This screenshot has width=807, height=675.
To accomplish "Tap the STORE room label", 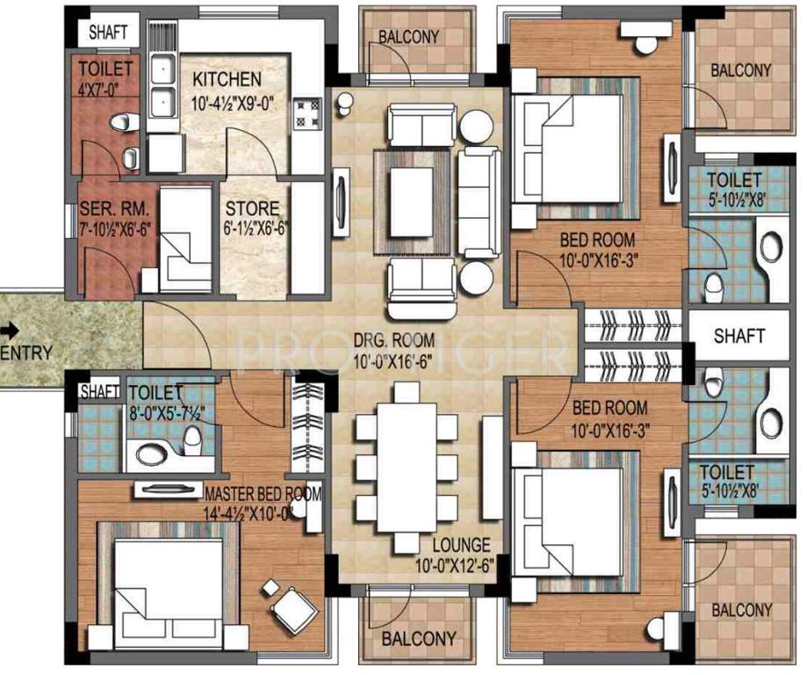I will point(253,209).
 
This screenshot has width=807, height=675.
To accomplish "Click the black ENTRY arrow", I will point(9,330).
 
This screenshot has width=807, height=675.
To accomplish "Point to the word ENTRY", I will point(26,353).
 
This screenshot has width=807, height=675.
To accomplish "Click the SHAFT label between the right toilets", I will point(739,336).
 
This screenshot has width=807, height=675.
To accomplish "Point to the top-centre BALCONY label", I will point(408,37).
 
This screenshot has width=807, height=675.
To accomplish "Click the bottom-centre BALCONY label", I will point(419,638).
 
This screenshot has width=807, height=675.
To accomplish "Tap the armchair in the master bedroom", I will point(292,606).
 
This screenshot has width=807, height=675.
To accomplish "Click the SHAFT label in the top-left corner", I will point(109,32).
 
